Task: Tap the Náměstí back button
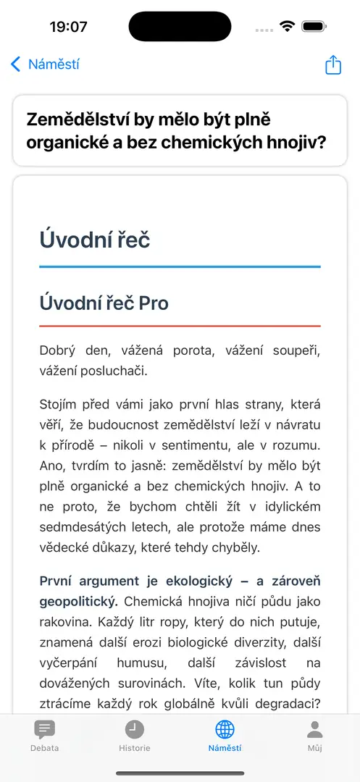coord(45,64)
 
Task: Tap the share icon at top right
coord(332,64)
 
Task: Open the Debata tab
coord(44,736)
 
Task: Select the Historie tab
coord(135,736)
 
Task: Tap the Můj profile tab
coord(314,736)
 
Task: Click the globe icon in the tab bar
coord(225,729)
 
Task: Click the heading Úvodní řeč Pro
coord(104,303)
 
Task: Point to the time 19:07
coord(68,27)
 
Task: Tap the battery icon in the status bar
coord(314,27)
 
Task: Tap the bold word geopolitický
coord(79,601)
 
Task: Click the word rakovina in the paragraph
coord(70,622)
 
